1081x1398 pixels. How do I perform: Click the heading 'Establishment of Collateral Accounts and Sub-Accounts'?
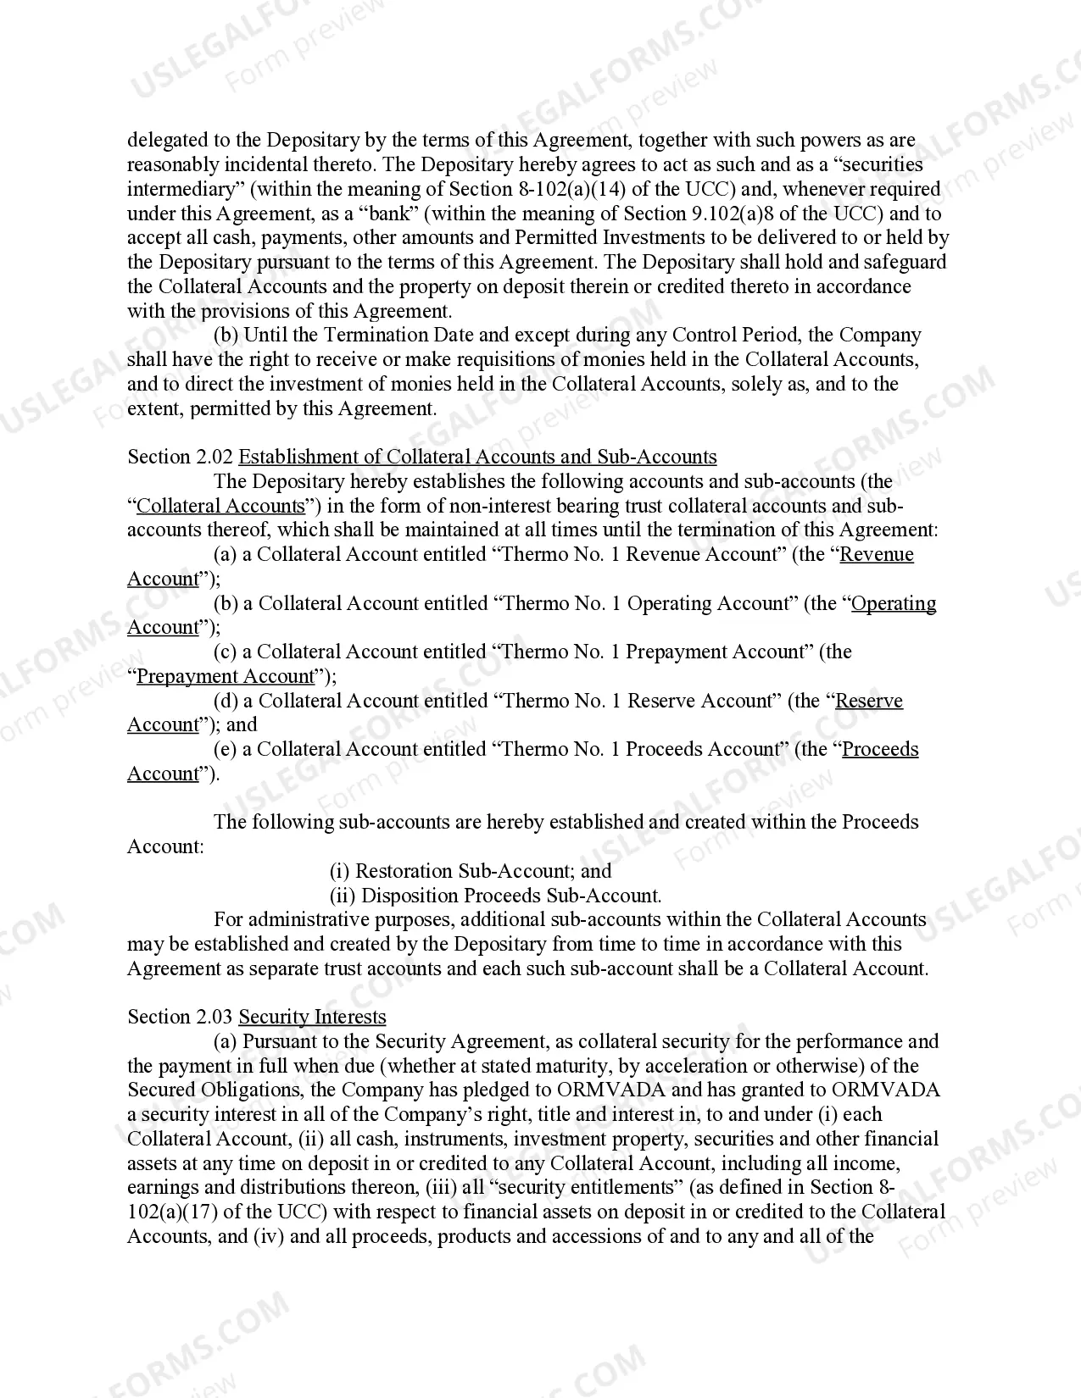pos(477,458)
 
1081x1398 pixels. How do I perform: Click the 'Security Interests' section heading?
pos(312,1018)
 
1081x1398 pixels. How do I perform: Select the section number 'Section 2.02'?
pos(180,458)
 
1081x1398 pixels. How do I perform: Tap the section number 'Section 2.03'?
pos(180,1018)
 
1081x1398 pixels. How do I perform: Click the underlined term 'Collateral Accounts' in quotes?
pos(220,507)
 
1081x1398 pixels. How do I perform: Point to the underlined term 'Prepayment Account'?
pos(226,677)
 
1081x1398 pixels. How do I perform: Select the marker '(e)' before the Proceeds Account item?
pos(225,750)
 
